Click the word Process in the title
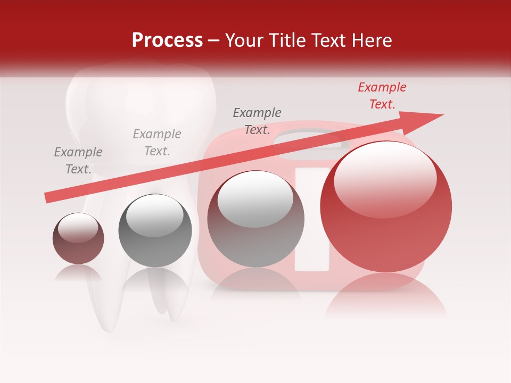[x=167, y=40]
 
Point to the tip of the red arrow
[x=442, y=115]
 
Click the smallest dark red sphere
[x=78, y=238]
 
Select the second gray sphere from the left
[x=155, y=230]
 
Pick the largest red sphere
[x=386, y=206]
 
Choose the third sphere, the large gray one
[x=256, y=219]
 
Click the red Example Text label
[x=382, y=96]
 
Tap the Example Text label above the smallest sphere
[x=78, y=161]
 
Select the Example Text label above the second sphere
[x=157, y=143]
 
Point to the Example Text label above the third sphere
[x=257, y=121]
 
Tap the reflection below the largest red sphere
[x=386, y=295]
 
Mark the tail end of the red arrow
[x=47, y=198]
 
